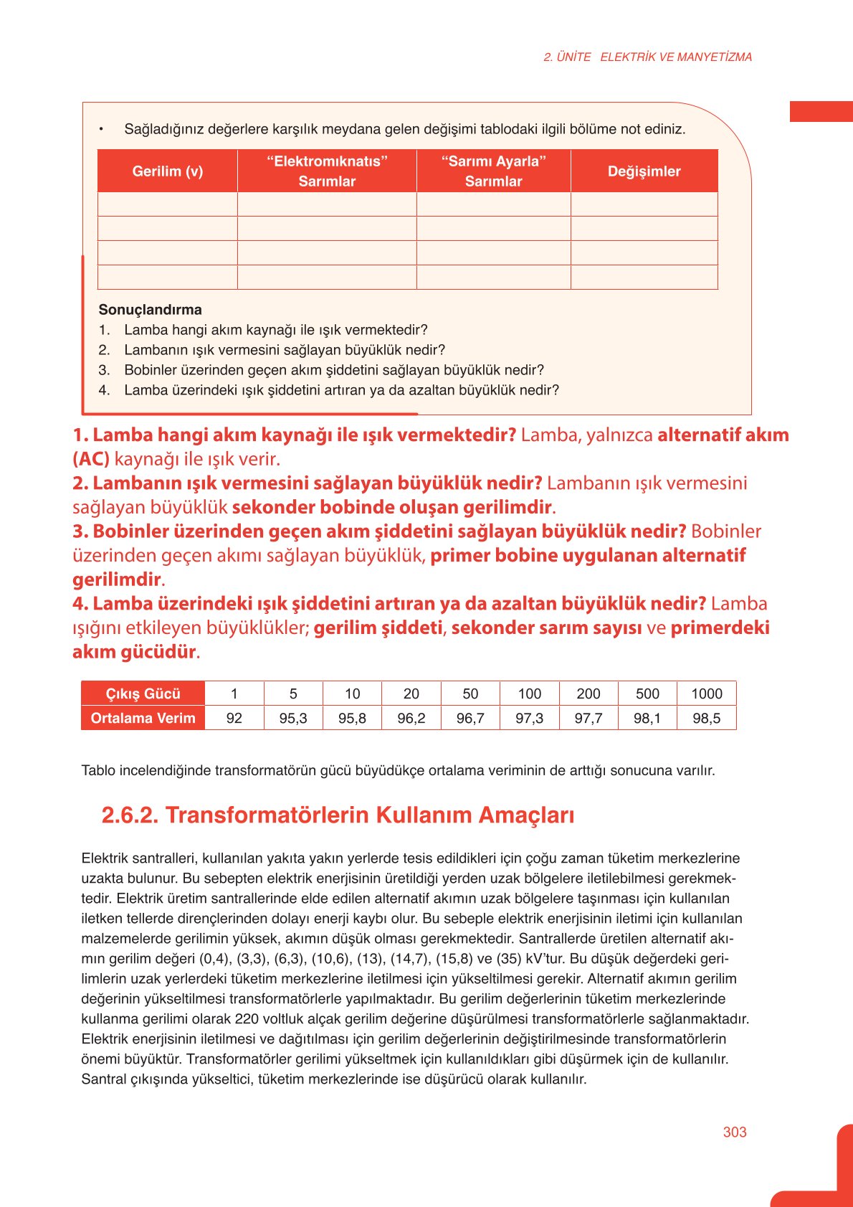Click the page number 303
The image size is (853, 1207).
(735, 1132)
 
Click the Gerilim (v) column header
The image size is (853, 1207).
(167, 171)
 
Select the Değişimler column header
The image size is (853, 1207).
(644, 171)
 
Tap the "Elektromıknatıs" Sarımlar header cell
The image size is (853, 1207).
(327, 171)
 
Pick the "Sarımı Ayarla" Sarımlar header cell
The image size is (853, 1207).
(493, 171)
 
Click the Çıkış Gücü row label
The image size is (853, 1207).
(143, 694)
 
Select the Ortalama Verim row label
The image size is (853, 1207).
(143, 718)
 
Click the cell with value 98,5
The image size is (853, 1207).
(706, 718)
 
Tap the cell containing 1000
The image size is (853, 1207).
(706, 694)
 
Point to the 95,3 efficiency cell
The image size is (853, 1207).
(293, 718)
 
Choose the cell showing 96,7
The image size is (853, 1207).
(470, 718)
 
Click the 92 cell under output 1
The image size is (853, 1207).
(234, 718)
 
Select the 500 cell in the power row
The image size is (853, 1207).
(647, 694)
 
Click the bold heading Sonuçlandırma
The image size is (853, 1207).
(150, 310)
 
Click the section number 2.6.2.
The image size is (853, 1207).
(130, 815)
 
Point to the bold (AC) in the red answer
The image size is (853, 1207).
(91, 459)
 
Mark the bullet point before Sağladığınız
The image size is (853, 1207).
(102, 129)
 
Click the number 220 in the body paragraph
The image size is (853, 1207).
(246, 1018)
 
